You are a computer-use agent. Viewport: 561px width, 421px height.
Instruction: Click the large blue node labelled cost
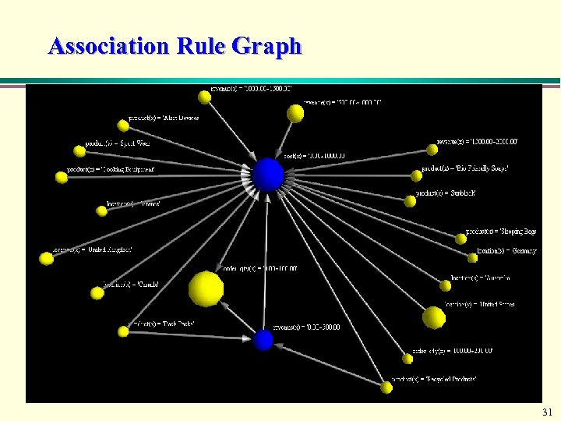tap(268, 175)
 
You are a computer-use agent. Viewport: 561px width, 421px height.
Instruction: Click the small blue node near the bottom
tap(263, 340)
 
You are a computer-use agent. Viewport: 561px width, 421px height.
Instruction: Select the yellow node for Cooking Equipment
tap(62, 178)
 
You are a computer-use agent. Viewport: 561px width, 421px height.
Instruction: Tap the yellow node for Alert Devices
tap(123, 126)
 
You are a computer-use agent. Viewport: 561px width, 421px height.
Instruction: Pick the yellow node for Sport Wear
tap(79, 151)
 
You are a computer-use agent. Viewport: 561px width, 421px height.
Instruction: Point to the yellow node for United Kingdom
tap(47, 258)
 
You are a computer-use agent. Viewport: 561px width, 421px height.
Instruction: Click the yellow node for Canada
tap(97, 293)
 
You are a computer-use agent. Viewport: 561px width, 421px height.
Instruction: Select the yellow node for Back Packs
tap(123, 332)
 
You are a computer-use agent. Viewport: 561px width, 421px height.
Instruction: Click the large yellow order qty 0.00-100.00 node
tap(206, 289)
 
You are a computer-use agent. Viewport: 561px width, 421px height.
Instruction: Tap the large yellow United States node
tap(433, 317)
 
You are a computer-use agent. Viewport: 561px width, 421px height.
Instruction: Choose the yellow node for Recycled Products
tap(386, 387)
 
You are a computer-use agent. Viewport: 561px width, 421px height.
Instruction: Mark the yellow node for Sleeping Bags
tap(460, 239)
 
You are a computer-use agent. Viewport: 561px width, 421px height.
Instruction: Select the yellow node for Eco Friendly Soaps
tap(414, 176)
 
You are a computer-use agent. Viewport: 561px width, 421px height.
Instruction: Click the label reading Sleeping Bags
tap(501, 232)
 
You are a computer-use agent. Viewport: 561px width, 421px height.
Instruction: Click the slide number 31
tap(546, 412)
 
